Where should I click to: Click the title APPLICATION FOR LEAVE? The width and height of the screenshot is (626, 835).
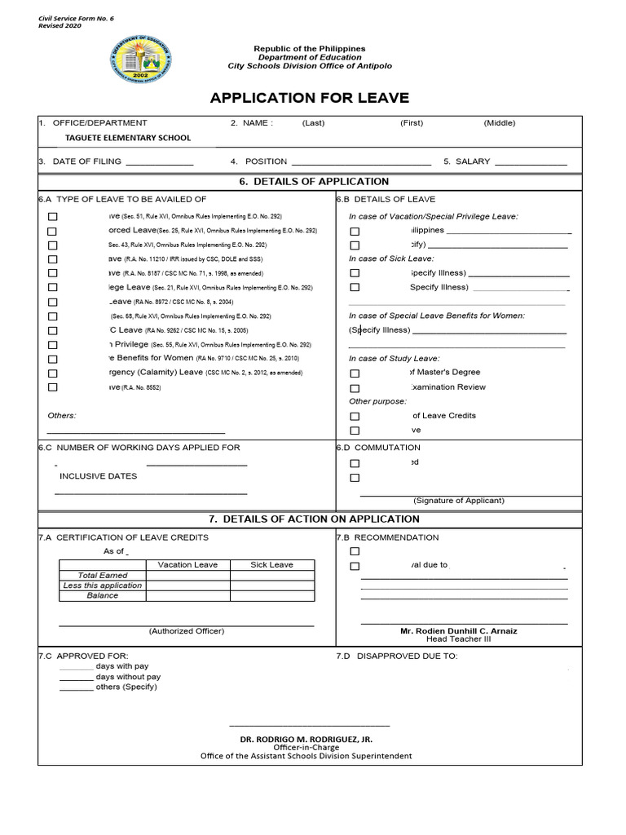(309, 99)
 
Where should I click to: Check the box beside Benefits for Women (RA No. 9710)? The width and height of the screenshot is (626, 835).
(53, 359)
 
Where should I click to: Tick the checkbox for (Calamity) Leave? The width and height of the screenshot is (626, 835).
(53, 373)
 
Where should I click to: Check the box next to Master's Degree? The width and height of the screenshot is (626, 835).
(355, 373)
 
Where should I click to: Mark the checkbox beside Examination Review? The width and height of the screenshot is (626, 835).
(355, 387)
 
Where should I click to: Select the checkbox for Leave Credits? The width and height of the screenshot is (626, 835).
(355, 416)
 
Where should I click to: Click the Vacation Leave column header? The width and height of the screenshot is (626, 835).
(187, 564)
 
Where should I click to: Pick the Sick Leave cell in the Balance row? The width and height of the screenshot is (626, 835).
(271, 596)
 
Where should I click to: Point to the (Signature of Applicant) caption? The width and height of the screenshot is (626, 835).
(459, 501)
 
